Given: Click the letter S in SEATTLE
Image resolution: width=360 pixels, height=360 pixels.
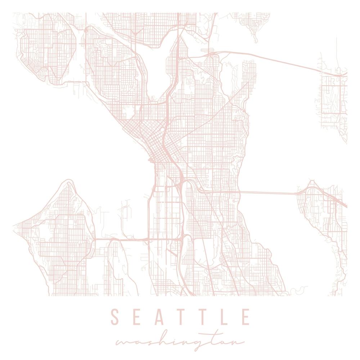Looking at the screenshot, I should pyautogui.click(x=115, y=317).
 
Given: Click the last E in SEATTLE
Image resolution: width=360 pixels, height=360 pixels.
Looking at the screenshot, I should pyautogui.click(x=246, y=317).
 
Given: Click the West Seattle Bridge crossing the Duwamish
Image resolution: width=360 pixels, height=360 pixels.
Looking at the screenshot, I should pyautogui.click(x=122, y=239).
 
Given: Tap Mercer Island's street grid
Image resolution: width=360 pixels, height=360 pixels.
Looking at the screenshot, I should pyautogui.click(x=320, y=212).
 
